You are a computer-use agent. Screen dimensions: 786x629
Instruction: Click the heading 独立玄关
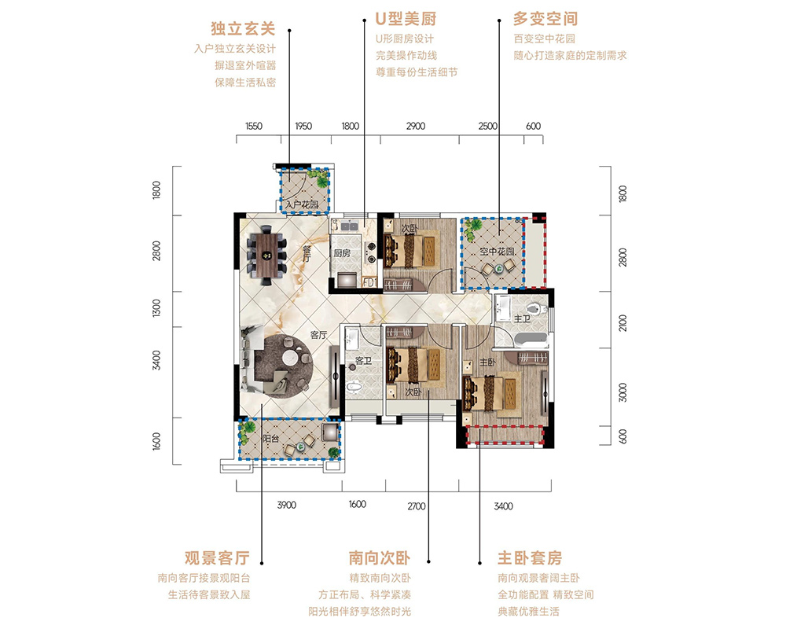pos(243,28)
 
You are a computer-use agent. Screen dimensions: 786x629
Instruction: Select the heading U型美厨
pos(406,19)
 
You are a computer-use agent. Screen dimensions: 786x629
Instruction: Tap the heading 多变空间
pos(545,19)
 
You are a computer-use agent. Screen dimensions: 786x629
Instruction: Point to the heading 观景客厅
pos(217,557)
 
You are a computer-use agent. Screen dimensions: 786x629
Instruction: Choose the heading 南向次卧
pos(380,557)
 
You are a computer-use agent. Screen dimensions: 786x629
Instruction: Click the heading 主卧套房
pos(530,557)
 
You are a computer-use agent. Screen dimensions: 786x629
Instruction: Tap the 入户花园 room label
pos(302,204)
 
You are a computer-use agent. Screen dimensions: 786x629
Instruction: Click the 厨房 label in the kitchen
pos(342,253)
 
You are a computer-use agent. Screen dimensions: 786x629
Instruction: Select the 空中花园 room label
pos(498,252)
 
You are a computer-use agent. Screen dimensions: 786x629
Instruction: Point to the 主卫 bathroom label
pos(522,318)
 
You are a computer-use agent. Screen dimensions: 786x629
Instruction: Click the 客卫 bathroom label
pos(363,361)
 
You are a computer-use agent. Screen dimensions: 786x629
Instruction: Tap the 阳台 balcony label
pos(271,439)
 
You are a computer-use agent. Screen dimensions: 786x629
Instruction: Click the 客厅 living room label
pos(318,335)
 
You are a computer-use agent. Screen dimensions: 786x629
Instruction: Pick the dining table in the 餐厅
pos(266,256)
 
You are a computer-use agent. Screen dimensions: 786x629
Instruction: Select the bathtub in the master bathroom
pos(527,340)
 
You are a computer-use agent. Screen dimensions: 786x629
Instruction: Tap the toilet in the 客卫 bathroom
pos(354,387)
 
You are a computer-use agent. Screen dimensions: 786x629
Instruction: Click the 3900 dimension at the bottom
pos(287,505)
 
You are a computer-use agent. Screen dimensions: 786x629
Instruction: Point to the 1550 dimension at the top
pos(254,126)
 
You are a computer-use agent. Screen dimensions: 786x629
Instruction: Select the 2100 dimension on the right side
pos(623,323)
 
